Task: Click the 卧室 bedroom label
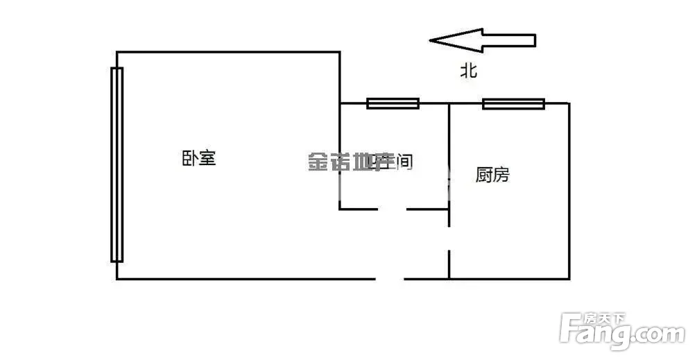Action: point(200,158)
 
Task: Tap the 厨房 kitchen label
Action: point(492,175)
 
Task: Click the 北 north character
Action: point(470,71)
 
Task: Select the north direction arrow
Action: point(483,40)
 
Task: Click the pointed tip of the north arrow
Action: point(431,40)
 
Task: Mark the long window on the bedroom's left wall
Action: point(117,164)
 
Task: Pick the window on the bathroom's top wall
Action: point(393,103)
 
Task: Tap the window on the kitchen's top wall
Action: point(513,104)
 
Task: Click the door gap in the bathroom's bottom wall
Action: point(392,209)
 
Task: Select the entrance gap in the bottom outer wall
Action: point(390,279)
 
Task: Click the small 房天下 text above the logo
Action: point(603,318)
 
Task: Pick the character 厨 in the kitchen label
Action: point(484,175)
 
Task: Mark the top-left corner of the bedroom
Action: point(117,52)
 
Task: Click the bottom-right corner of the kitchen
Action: point(569,279)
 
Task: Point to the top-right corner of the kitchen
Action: point(569,103)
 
